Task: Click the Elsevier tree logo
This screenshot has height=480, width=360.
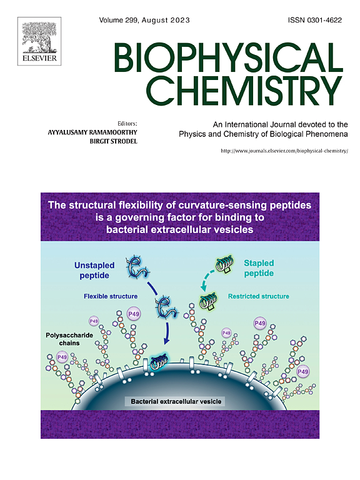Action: pyautogui.click(x=39, y=41)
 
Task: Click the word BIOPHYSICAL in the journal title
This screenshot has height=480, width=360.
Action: pyautogui.click(x=229, y=57)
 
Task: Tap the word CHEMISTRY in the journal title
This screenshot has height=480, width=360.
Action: pyautogui.click(x=244, y=90)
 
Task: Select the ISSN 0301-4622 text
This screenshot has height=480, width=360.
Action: pyautogui.click(x=315, y=20)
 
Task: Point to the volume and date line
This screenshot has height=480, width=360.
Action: pyautogui.click(x=144, y=20)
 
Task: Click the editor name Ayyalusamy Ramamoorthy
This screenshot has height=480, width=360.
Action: pyautogui.click(x=92, y=132)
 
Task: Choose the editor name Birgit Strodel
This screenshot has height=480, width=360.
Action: pyautogui.click(x=114, y=141)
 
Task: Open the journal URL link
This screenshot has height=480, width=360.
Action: pyautogui.click(x=284, y=151)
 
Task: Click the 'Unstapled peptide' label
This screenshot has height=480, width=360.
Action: pyautogui.click(x=94, y=270)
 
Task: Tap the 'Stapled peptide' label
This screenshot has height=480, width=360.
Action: pyautogui.click(x=259, y=268)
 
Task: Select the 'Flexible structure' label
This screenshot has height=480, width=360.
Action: pyautogui.click(x=111, y=296)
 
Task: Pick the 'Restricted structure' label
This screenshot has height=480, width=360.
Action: pyautogui.click(x=259, y=296)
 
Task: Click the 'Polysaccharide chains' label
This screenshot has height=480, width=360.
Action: pyautogui.click(x=69, y=339)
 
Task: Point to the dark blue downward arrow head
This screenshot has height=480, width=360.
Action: pyautogui.click(x=166, y=341)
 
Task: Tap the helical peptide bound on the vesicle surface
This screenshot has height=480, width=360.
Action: pyautogui.click(x=159, y=362)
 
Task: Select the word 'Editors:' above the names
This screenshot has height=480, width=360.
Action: pyautogui.click(x=127, y=124)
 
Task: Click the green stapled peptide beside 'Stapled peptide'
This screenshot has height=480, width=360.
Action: pyautogui.click(x=225, y=264)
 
